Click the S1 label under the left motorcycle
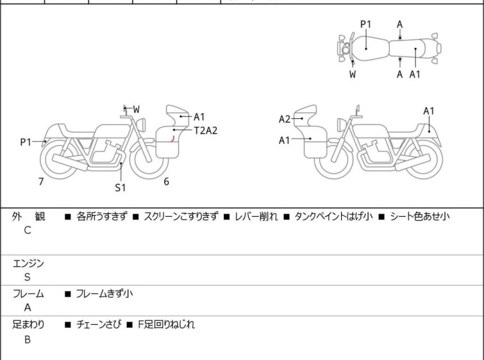(x=121, y=187)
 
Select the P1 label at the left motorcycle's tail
(x=26, y=142)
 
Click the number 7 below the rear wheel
(x=41, y=182)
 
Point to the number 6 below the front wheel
(x=166, y=182)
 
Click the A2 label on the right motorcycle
(x=285, y=119)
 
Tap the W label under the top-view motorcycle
(x=353, y=74)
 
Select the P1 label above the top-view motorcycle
(x=365, y=24)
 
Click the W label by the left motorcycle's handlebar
(x=136, y=109)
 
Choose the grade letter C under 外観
(x=28, y=230)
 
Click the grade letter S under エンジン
(x=28, y=277)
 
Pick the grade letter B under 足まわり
(x=28, y=339)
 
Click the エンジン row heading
(x=29, y=262)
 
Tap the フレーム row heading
(x=29, y=294)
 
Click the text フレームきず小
(x=104, y=294)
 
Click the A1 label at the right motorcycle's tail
(x=429, y=111)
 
